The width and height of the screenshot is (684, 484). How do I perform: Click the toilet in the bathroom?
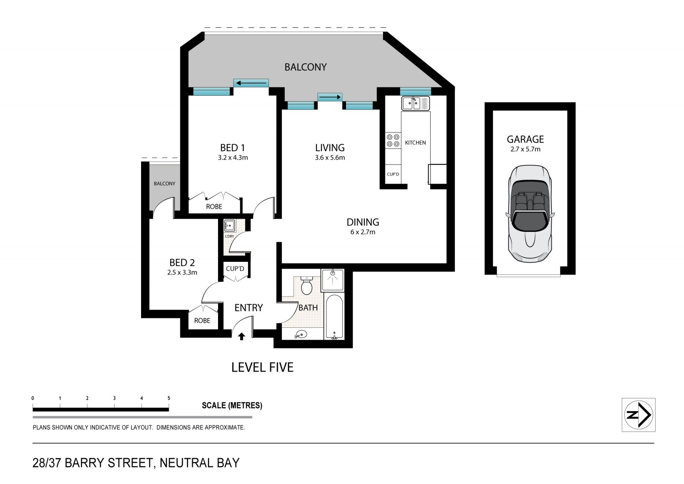307,285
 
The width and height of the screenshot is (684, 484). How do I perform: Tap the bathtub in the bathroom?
334,317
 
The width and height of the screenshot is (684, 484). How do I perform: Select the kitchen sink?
415,103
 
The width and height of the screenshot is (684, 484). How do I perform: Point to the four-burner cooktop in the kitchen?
393,141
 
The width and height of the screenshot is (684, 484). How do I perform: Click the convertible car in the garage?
530,214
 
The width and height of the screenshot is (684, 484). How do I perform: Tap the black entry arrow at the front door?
242,336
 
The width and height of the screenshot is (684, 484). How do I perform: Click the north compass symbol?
638,415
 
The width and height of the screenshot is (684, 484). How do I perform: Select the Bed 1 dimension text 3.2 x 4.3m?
233,158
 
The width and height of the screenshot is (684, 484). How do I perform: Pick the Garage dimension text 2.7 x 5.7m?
525,149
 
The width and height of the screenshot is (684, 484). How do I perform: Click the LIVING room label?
330,148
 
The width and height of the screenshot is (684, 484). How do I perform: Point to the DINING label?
363,222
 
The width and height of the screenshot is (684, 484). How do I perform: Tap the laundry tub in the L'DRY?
229,226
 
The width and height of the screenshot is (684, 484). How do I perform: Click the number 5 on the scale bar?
169,398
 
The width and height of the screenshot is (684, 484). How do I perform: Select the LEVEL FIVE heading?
263,367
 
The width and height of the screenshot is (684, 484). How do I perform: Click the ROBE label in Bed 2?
202,321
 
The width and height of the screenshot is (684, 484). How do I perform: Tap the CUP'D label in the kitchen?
393,174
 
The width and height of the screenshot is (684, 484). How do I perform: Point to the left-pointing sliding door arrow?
252,83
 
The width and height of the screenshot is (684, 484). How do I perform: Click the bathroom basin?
301,335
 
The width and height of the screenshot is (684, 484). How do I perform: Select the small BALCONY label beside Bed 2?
165,184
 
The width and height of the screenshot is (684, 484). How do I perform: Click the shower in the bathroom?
333,280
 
